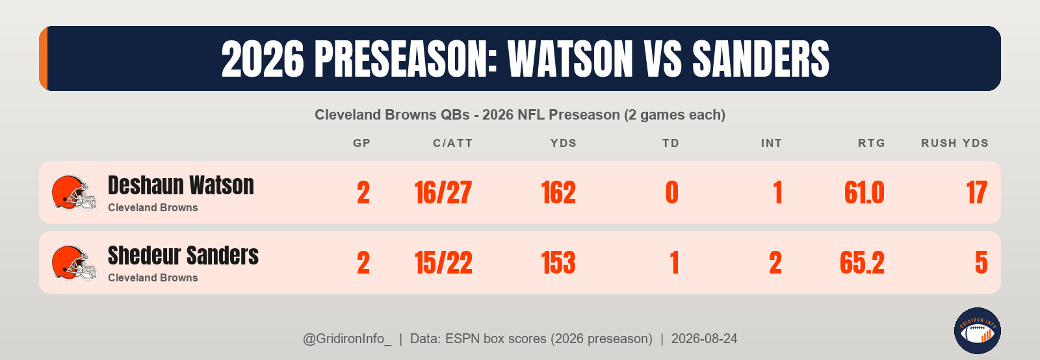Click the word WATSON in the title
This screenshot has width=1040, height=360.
coord(570,59)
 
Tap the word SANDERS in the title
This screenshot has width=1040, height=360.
coord(760,59)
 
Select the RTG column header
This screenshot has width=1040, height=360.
coord(872,143)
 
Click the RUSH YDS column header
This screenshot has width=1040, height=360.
coord(955,143)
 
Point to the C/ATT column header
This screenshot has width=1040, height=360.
coord(452,143)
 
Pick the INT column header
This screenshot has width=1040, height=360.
coord(771,143)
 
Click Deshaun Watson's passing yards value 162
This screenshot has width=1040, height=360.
coord(558,192)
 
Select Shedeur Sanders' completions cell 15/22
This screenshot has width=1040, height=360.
coord(443,263)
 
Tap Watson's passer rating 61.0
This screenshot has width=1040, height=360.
coord(864,192)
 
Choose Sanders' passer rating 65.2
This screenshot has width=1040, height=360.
coord(862,263)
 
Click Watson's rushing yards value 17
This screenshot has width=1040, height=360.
coord(976,192)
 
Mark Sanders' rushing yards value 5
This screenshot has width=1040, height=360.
coord(981,263)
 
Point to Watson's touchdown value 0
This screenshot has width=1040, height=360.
coord(672,192)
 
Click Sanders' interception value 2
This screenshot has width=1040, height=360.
coord(775,263)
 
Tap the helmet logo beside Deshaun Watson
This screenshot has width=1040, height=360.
coord(74,192)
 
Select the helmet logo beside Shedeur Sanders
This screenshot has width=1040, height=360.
coord(74,263)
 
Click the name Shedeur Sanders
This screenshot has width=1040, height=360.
coord(183,255)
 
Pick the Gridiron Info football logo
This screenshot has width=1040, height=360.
coord(978,331)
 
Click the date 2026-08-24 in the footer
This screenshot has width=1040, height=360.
coord(704,339)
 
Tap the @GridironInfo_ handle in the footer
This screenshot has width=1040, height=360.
coord(347,339)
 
